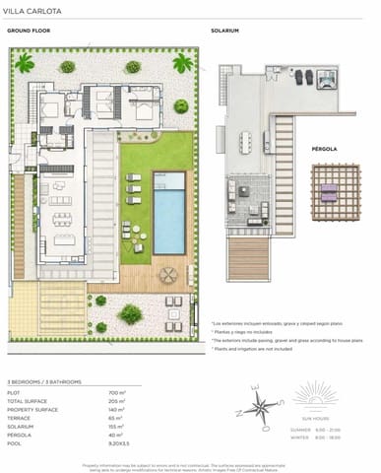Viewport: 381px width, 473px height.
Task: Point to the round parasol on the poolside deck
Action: click(168, 276)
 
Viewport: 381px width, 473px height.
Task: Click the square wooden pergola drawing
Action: click(329, 194)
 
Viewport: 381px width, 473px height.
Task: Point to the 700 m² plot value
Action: click(115, 393)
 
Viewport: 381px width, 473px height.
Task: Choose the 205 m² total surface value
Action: click(115, 400)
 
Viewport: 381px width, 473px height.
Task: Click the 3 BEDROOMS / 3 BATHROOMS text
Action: click(44, 380)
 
